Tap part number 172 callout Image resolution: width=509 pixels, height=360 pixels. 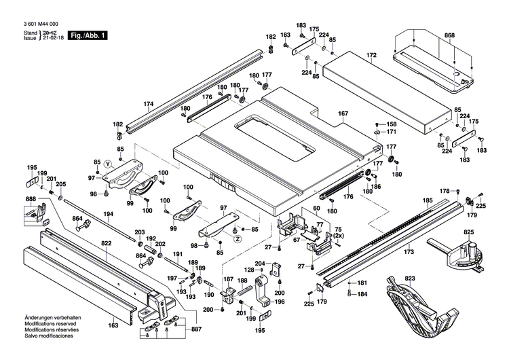371,54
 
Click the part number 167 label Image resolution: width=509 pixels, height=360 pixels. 343,114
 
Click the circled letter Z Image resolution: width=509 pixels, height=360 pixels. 238,239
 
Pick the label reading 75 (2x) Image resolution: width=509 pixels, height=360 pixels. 337,233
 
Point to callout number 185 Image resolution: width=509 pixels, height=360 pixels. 428,200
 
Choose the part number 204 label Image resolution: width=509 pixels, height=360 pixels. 259,264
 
